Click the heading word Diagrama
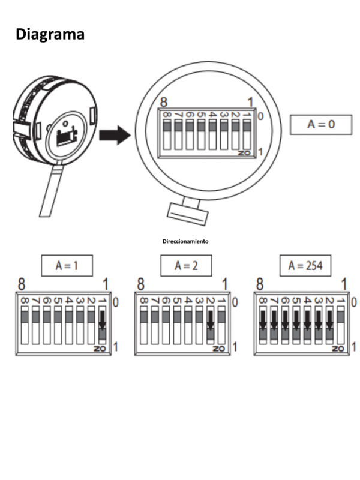(50, 34)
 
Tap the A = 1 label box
(67, 266)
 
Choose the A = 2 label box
(186, 266)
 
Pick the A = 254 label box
(305, 266)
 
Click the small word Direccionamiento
(185, 241)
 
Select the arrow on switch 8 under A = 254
(263, 324)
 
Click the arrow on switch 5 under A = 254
(296, 324)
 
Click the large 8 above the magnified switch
(162, 103)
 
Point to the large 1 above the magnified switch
(250, 103)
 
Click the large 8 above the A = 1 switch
(22, 284)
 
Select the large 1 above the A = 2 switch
(226, 284)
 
